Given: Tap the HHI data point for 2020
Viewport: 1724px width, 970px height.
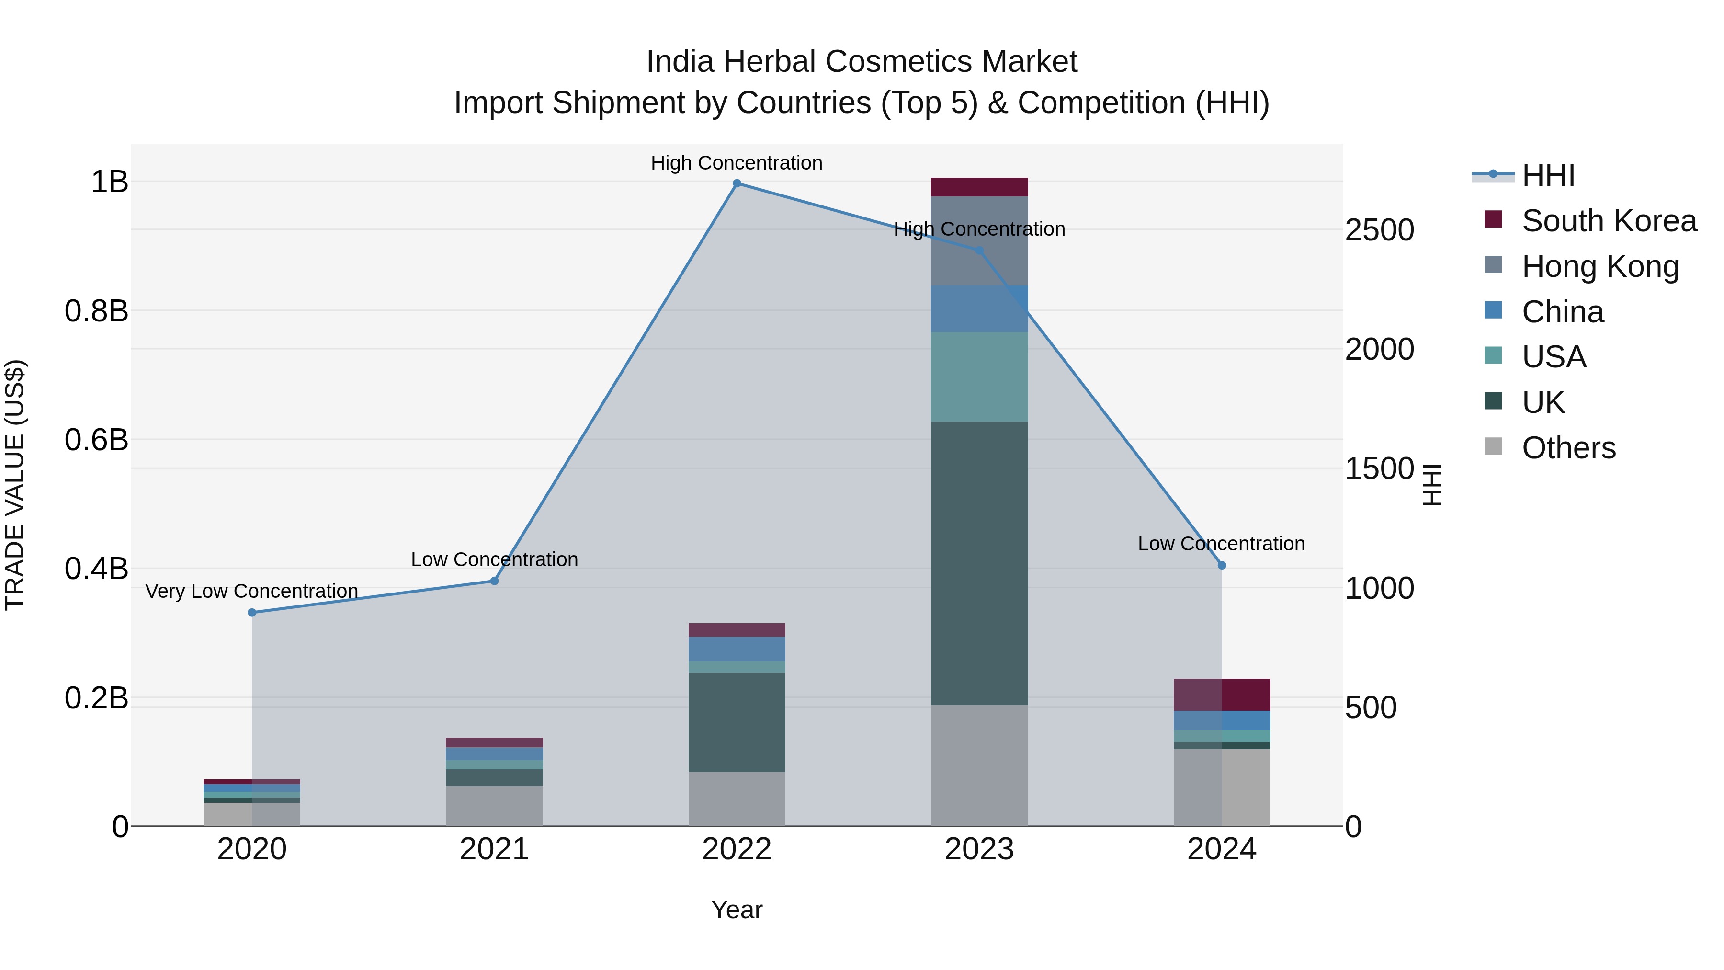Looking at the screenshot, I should tap(252, 613).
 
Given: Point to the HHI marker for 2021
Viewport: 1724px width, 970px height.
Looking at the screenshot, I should tap(495, 581).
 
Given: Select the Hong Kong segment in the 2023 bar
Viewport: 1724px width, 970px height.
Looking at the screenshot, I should tap(979, 241).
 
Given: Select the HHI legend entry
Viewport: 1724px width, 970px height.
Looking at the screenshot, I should tap(1547, 175).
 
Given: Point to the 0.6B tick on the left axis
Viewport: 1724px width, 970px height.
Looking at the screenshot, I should tap(96, 440).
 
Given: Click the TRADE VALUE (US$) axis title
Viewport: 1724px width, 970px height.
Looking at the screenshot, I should tap(15, 485).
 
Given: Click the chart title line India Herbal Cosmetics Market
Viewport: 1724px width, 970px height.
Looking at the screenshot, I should tap(862, 62).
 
